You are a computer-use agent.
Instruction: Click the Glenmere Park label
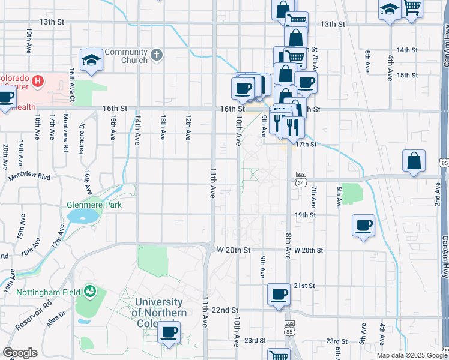tap(94, 205)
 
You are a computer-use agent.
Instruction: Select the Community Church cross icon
tap(157, 56)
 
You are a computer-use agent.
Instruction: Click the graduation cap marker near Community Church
tap(91, 60)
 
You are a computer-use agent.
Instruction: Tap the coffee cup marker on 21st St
tap(278, 295)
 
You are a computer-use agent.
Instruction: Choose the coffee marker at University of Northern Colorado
tap(169, 332)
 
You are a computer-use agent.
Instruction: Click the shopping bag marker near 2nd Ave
tap(414, 161)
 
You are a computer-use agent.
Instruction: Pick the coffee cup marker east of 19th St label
tap(363, 226)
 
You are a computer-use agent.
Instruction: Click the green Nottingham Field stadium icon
tap(90, 290)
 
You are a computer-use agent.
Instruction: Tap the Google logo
tap(20, 353)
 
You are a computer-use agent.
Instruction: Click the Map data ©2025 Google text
tap(411, 355)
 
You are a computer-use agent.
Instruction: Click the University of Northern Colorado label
tap(159, 312)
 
